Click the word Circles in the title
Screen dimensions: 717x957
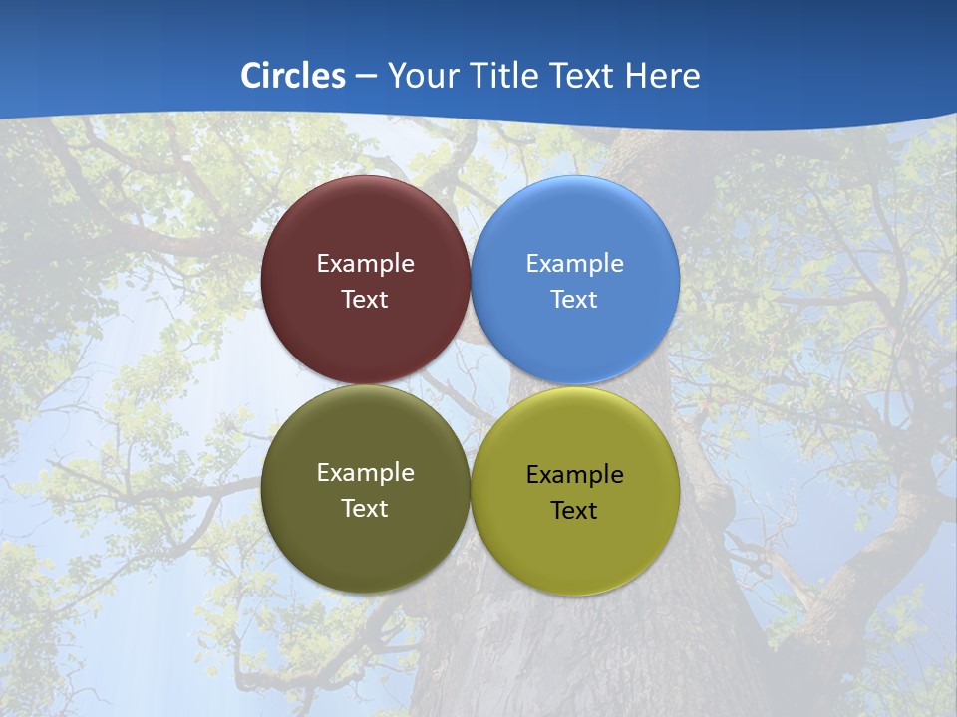293,76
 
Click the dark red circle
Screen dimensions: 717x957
365,229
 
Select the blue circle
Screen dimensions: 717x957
575,229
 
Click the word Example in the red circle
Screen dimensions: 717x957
365,264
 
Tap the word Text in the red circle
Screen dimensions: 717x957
365,300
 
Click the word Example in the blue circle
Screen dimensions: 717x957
574,264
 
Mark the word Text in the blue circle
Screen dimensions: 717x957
574,300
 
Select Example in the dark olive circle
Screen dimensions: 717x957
365,473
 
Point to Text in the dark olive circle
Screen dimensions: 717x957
365,509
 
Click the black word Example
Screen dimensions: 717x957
574,475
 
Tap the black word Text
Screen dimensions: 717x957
574,511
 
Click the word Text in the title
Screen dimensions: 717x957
584,76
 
